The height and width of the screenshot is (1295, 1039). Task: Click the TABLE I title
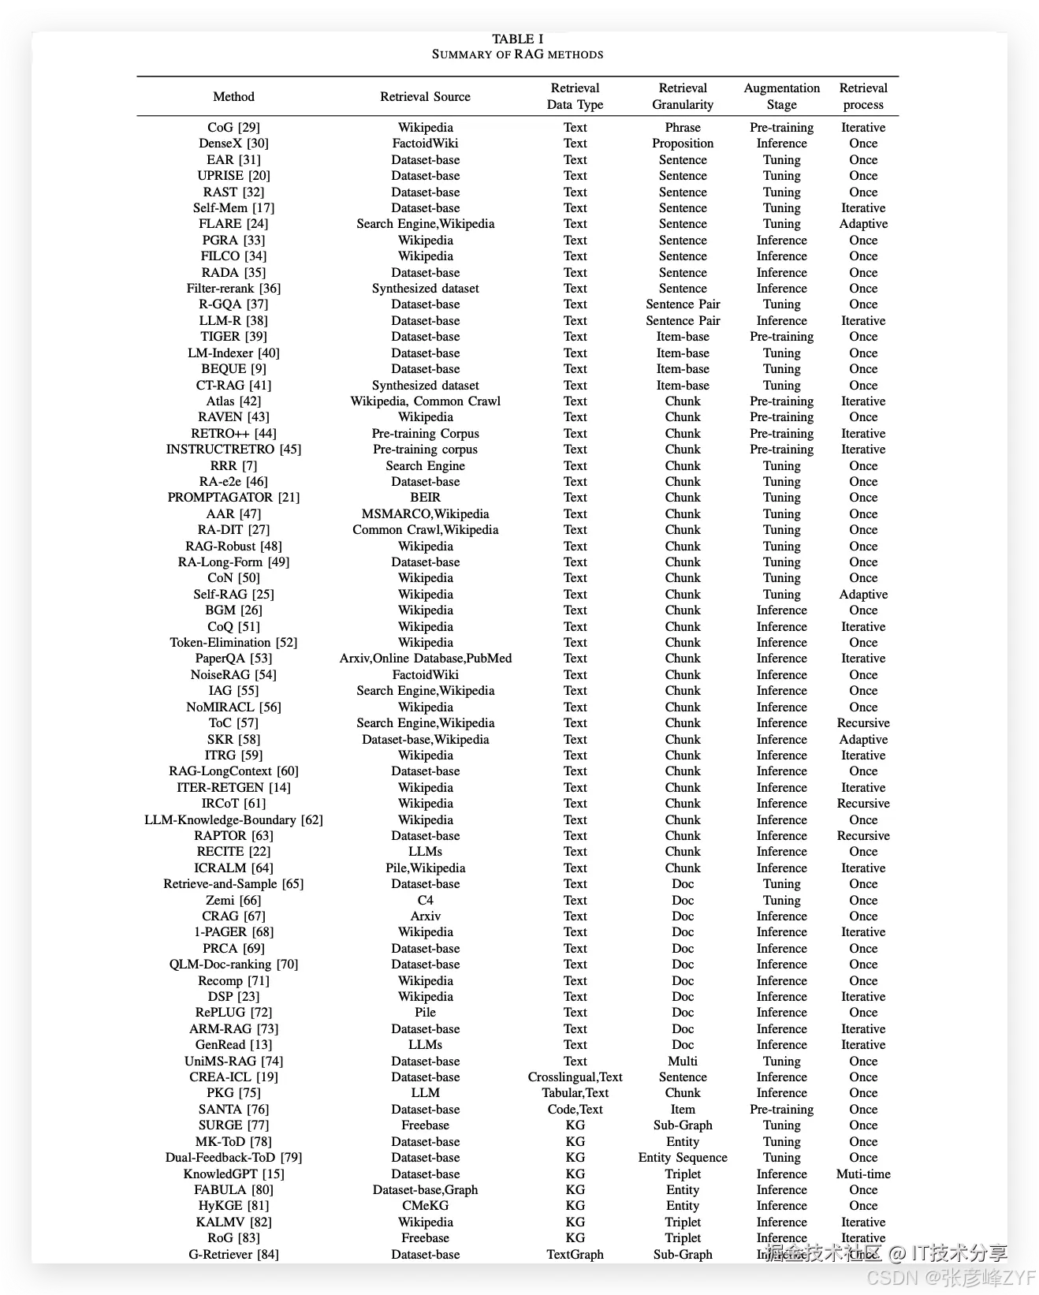518,39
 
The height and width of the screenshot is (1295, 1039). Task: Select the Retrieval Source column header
425,96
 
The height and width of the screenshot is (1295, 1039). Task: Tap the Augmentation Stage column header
781,96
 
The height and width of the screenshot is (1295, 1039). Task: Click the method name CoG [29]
233,127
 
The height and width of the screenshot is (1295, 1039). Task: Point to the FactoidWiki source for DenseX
425,144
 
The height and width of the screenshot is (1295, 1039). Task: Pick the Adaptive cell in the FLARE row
863,224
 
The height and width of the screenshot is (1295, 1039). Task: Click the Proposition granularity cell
683,144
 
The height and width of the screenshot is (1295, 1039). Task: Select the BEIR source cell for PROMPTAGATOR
425,498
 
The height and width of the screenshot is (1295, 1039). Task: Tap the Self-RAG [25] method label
233,595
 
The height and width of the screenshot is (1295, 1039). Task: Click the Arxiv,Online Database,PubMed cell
425,659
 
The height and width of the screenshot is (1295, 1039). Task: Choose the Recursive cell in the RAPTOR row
863,836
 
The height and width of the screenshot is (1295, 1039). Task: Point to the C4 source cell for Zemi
425,900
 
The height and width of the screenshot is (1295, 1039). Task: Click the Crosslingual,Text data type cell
575,1077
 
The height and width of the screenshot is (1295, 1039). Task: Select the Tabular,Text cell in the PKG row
575,1093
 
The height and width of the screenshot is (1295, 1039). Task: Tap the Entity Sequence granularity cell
683,1158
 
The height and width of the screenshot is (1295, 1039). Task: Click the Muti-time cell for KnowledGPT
863,1174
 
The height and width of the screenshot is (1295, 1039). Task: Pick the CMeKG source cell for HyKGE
425,1206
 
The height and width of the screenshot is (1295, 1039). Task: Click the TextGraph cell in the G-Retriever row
575,1254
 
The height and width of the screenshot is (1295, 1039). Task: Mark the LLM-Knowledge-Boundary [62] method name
233,820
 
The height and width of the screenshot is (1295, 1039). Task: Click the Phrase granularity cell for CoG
683,127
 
